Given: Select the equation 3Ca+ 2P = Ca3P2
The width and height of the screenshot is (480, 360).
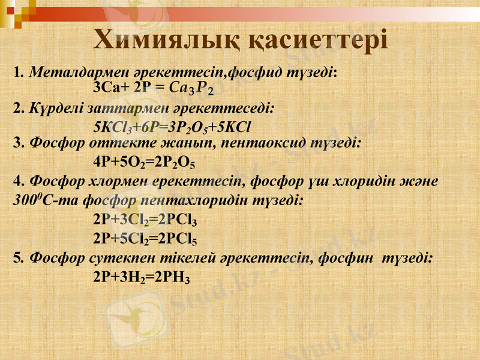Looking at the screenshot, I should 155,88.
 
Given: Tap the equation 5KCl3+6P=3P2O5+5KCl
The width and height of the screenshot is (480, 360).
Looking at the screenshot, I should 172,127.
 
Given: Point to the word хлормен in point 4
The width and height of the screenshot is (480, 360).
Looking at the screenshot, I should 127,181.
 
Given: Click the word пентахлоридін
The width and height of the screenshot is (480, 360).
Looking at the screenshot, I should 207,200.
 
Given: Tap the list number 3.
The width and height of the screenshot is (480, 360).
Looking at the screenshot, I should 17,144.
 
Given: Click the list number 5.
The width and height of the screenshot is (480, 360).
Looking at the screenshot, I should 17,258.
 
